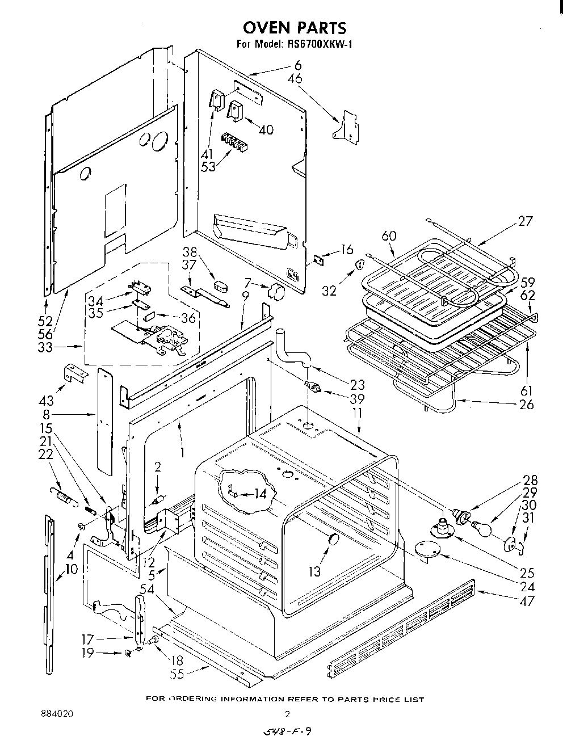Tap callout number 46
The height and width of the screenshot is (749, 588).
click(x=295, y=78)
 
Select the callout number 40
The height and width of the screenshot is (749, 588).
click(x=266, y=130)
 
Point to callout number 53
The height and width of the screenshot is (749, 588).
click(x=208, y=167)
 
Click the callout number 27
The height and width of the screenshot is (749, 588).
click(x=525, y=221)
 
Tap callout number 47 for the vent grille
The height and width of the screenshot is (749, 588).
click(x=527, y=600)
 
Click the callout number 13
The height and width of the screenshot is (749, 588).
click(x=314, y=571)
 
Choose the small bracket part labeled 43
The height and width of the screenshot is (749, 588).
click(x=75, y=373)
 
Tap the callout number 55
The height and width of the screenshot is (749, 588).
click(x=179, y=674)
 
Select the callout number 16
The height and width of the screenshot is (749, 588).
click(x=347, y=250)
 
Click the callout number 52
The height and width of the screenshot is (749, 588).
click(x=45, y=321)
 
